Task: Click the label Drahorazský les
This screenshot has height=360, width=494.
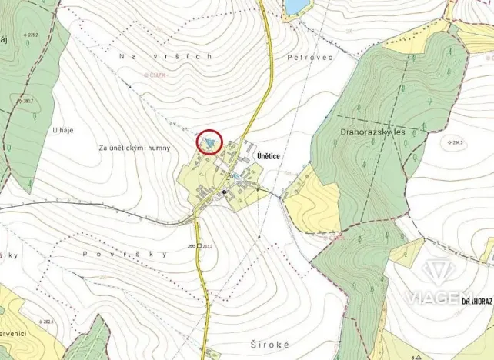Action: point(372,132)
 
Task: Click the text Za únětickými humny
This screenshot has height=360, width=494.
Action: point(135,147)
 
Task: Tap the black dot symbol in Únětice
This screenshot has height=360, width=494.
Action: point(225,191)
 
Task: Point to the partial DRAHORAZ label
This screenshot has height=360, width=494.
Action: point(477,301)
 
